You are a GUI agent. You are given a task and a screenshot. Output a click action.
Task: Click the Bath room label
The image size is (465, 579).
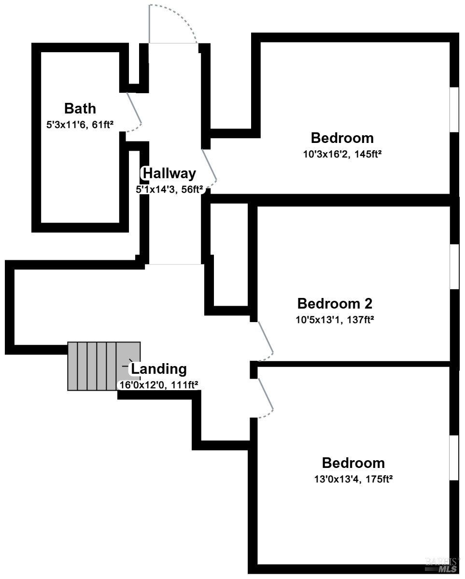point(80,109)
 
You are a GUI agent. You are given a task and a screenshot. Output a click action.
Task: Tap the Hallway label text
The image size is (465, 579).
point(169,173)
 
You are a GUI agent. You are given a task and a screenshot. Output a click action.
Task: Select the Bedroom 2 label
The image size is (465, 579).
point(335,304)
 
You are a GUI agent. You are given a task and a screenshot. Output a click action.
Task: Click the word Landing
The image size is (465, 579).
point(159,368)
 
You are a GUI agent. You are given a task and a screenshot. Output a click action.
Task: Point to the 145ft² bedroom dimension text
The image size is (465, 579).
point(342,154)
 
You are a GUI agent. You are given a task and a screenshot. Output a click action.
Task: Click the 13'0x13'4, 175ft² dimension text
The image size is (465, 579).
point(353,479)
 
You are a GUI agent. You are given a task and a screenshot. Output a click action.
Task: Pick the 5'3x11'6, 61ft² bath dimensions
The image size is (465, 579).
point(80,125)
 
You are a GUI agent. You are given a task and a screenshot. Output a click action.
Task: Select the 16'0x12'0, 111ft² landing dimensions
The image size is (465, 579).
point(159,385)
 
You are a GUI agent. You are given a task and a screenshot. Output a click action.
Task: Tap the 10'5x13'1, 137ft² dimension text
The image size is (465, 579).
point(335,319)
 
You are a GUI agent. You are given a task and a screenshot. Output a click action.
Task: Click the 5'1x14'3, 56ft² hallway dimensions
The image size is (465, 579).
point(169,189)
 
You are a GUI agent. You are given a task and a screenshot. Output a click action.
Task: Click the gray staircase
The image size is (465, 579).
point(104,366)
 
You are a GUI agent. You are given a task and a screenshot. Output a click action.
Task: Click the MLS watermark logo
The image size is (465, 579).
point(441,564)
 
